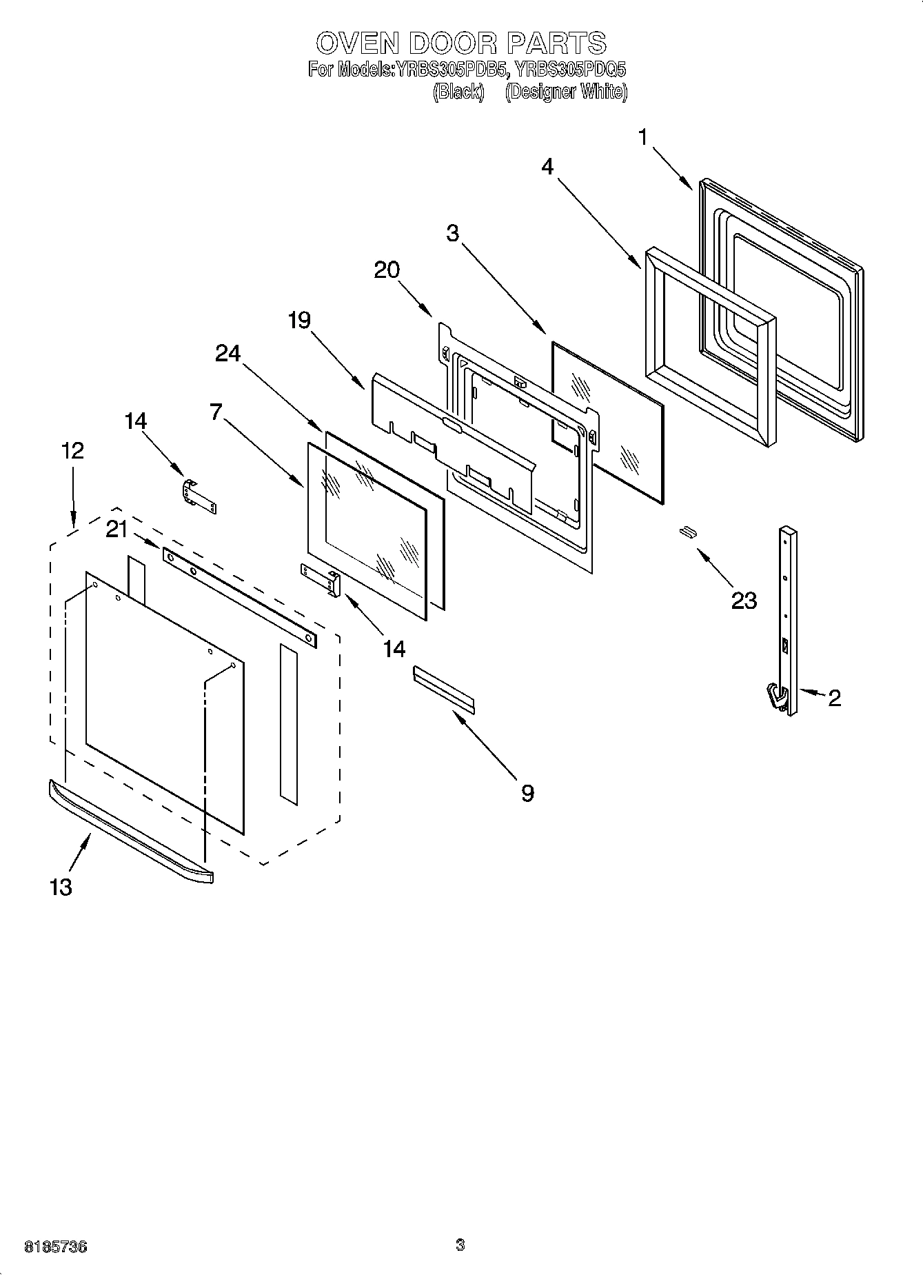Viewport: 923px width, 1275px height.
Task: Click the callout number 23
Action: point(744,600)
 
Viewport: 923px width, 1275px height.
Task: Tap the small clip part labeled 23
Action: point(686,530)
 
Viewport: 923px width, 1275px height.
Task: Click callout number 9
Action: point(527,793)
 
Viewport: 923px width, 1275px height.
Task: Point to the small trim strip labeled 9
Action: point(444,687)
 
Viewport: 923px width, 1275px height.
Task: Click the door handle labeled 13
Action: point(131,832)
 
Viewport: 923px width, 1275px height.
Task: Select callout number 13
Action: point(61,887)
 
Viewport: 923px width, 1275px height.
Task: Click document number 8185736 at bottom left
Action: point(55,1246)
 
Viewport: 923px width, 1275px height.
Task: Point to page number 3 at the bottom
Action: point(460,1245)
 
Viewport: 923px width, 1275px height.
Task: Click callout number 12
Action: point(72,451)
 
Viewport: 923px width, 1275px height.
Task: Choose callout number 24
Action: point(228,353)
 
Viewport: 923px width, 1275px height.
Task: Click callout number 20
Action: point(387,270)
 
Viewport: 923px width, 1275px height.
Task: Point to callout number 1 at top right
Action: point(642,138)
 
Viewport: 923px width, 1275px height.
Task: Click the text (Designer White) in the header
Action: point(566,92)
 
